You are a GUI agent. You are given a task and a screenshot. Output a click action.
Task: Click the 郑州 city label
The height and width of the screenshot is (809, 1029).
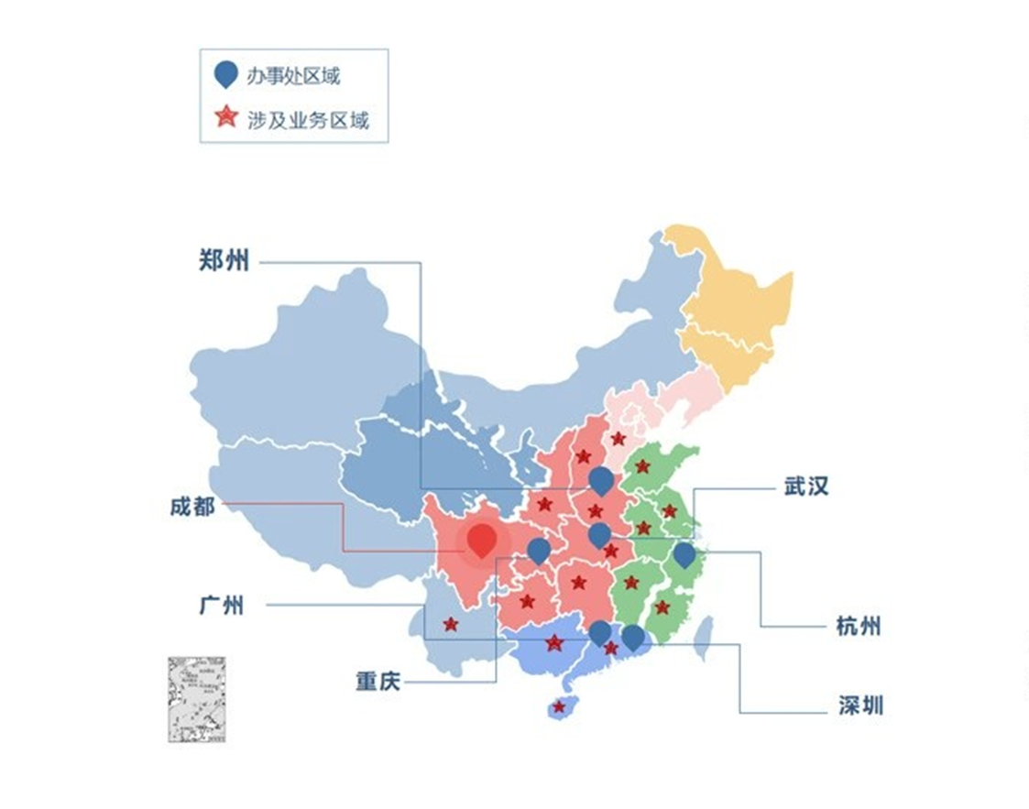[224, 260]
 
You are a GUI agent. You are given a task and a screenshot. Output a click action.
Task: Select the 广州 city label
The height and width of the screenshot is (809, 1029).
[221, 606]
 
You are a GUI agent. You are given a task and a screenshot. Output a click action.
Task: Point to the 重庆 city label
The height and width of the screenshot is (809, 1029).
[378, 682]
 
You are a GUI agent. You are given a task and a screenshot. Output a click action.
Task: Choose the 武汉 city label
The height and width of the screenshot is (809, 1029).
[806, 486]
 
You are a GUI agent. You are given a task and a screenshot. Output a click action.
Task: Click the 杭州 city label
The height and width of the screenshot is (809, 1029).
[859, 627]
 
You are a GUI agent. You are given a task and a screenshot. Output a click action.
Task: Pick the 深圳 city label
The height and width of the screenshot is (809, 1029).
[860, 706]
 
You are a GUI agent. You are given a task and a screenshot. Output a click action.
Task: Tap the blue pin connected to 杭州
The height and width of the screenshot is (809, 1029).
[684, 555]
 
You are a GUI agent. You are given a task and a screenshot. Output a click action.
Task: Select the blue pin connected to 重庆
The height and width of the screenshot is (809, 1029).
[539, 551]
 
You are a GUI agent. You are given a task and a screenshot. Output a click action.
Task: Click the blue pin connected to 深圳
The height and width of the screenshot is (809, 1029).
[633, 637]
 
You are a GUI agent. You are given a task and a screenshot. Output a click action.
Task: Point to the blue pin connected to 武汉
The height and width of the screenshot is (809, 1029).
[598, 535]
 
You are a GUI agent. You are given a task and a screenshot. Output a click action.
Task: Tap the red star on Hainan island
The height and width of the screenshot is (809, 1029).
[558, 706]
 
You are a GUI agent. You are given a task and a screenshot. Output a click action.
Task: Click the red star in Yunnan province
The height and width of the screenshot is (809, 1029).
[450, 624]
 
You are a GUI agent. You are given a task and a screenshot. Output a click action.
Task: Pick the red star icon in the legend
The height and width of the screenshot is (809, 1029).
[224, 117]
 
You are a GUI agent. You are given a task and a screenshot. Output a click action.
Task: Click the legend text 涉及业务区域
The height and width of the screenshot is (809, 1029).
[308, 119]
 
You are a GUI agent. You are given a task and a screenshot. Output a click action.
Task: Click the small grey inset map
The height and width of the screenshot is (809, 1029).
[197, 699]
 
